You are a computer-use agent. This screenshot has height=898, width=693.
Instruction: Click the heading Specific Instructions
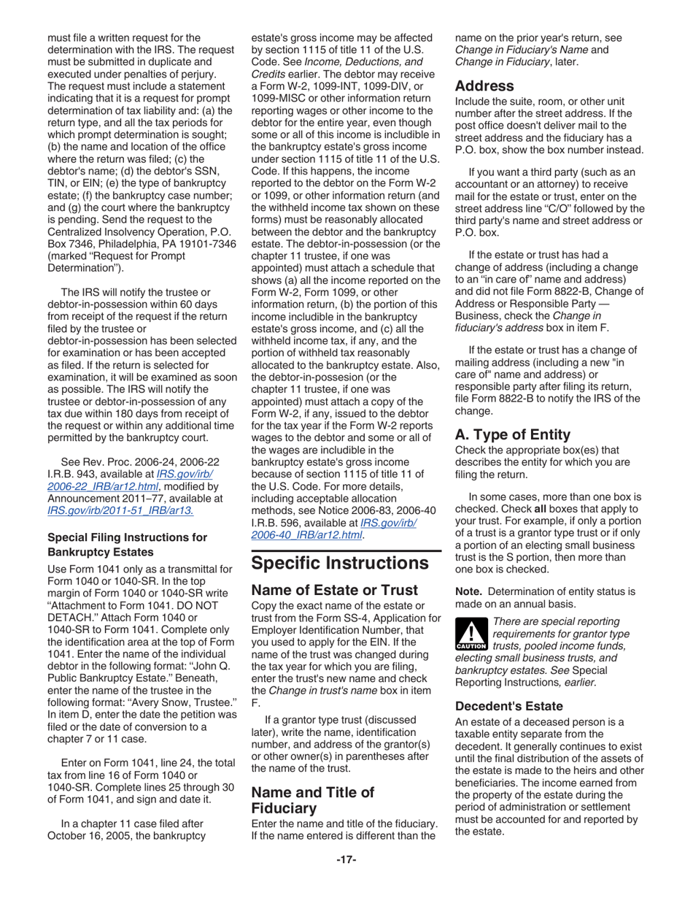tap(339, 563)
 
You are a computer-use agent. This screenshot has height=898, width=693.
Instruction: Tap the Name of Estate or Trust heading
tap(334, 590)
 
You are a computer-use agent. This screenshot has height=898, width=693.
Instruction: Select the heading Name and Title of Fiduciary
tap(312, 799)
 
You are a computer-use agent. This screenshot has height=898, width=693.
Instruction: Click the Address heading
tap(484, 85)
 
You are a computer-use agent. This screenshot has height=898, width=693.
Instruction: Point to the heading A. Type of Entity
tap(513, 434)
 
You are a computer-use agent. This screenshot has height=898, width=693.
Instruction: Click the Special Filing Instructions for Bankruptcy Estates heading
tap(127, 545)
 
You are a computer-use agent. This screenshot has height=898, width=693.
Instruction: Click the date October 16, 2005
tap(92, 835)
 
